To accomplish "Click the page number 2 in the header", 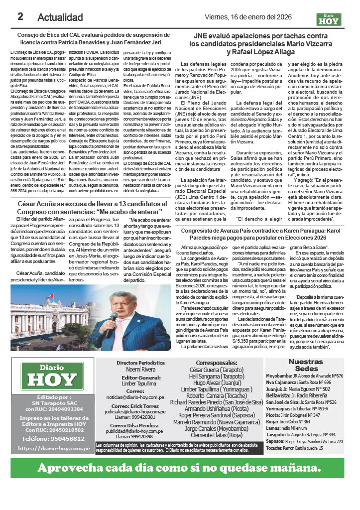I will coord(20,16).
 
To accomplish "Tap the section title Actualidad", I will coord(60,17).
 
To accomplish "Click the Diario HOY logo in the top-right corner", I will coord(330,18).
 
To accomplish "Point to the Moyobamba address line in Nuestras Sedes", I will coord(305,376).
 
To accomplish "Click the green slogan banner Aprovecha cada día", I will coord(180,468).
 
